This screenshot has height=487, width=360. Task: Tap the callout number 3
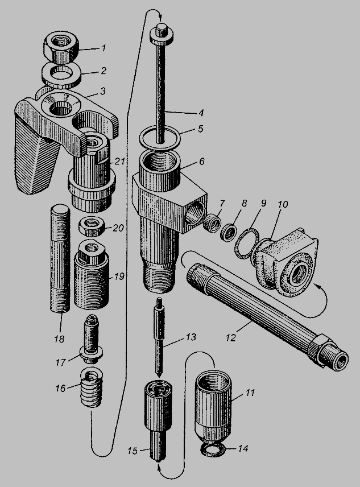102,90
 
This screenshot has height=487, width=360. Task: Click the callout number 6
202,161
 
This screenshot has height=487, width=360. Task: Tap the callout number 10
282,204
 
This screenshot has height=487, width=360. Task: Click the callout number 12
231,337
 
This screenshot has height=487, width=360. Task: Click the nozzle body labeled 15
158,419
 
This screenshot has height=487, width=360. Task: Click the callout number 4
201,113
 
